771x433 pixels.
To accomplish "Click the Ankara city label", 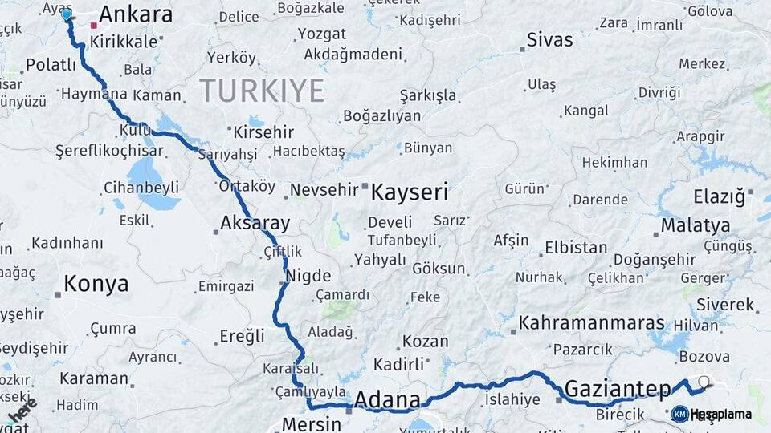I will pyautogui.click(x=135, y=14).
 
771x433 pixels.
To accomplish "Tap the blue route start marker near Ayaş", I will pyautogui.click(x=67, y=14).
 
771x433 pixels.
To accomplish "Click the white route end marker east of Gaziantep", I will pyautogui.click(x=704, y=382).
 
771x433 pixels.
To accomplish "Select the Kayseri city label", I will pyautogui.click(x=410, y=192).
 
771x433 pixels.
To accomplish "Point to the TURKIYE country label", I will pyautogui.click(x=262, y=91).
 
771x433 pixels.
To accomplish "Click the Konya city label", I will pyautogui.click(x=96, y=284).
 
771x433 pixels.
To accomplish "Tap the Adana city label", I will pyautogui.click(x=387, y=399).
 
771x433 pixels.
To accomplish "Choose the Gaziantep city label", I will pyautogui.click(x=617, y=390).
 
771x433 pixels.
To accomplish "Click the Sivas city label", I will pyautogui.click(x=550, y=40).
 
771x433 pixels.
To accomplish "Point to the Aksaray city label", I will pyautogui.click(x=255, y=223).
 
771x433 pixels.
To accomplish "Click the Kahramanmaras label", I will pyautogui.click(x=592, y=323).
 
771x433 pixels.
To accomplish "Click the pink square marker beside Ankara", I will pyautogui.click(x=94, y=26).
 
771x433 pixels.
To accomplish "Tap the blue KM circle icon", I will pyautogui.click(x=679, y=414).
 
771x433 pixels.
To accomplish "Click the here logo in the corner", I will pyautogui.click(x=22, y=410).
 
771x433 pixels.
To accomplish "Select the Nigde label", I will pyautogui.click(x=308, y=276).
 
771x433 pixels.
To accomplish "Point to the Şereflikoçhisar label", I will pyautogui.click(x=97, y=151).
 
